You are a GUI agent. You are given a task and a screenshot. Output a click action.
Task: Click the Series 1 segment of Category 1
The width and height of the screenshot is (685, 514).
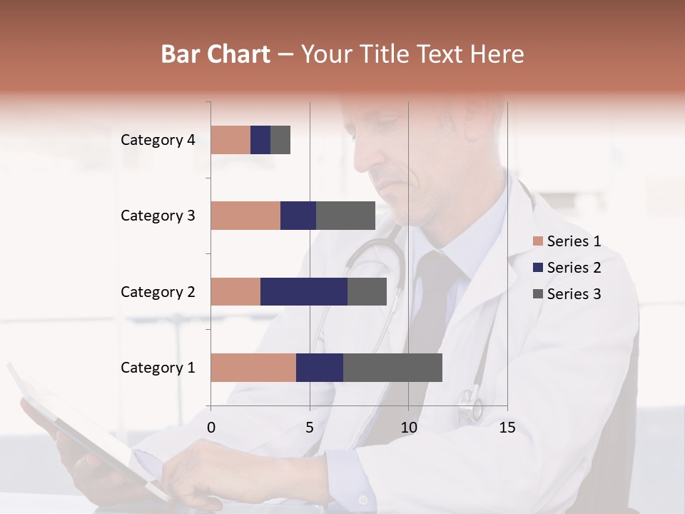click(x=253, y=368)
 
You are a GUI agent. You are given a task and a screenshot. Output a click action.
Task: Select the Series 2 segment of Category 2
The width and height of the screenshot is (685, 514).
click(x=304, y=291)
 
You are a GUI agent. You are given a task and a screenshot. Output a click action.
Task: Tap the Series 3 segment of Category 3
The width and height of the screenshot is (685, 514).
click(x=345, y=216)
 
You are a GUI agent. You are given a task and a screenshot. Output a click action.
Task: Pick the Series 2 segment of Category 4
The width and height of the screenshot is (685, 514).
click(x=260, y=140)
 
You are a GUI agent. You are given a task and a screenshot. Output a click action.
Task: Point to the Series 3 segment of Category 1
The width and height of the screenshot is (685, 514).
click(x=392, y=368)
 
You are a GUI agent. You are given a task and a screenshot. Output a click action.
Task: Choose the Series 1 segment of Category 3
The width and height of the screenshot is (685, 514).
click(x=245, y=216)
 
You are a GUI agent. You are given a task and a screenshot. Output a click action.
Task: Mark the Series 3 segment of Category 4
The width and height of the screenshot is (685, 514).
click(x=280, y=140)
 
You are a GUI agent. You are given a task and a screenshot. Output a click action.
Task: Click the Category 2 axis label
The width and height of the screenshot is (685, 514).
click(x=158, y=292)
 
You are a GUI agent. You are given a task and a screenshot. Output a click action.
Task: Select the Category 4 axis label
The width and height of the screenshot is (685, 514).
click(x=158, y=140)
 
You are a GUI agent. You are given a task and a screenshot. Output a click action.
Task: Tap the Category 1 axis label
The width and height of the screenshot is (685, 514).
click(x=158, y=368)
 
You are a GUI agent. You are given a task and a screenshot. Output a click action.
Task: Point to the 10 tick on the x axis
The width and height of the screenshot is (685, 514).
click(x=408, y=428)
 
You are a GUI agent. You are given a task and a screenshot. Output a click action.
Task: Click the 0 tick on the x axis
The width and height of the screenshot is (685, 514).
click(x=211, y=428)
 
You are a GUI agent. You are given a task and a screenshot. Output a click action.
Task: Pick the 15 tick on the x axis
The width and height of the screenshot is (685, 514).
click(x=507, y=428)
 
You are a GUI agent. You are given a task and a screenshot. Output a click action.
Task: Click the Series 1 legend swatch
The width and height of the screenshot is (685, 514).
click(x=537, y=241)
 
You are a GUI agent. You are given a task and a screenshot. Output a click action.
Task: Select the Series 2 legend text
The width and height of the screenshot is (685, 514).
click(x=574, y=268)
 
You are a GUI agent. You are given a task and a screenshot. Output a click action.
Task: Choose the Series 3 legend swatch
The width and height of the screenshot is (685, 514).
click(x=537, y=294)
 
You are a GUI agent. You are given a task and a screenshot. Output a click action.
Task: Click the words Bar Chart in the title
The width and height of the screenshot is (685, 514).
click(x=215, y=54)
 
